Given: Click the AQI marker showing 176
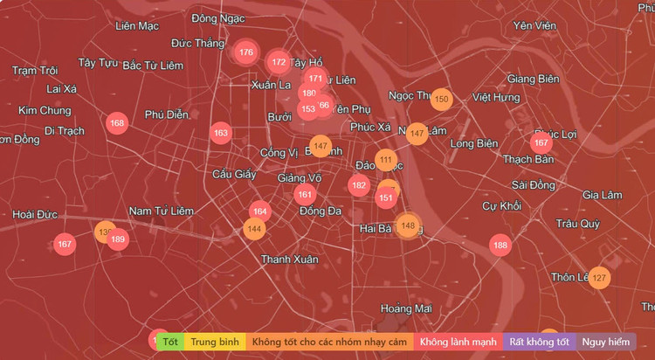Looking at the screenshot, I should click(245, 52).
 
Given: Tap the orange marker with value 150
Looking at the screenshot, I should click(441, 100).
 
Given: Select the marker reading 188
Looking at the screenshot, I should click(500, 246).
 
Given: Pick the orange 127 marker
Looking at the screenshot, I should click(598, 279).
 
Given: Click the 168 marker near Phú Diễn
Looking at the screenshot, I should click(117, 123).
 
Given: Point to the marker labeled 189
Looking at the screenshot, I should click(118, 239).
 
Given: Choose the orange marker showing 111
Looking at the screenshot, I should click(386, 160).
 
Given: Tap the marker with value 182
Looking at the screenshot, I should click(358, 185).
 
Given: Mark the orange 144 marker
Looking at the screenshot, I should click(254, 229).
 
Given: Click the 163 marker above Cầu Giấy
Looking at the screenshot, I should click(220, 134).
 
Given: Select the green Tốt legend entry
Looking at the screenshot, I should click(170, 341).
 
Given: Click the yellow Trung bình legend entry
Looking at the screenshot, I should click(215, 341).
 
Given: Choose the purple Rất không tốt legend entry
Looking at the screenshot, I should click(540, 341).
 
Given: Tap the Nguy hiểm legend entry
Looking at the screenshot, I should click(606, 341).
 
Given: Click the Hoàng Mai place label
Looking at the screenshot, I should click(406, 308).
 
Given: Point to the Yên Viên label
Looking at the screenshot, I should click(534, 25).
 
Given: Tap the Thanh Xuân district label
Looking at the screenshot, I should click(290, 260).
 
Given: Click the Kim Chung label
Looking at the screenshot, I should click(44, 110).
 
